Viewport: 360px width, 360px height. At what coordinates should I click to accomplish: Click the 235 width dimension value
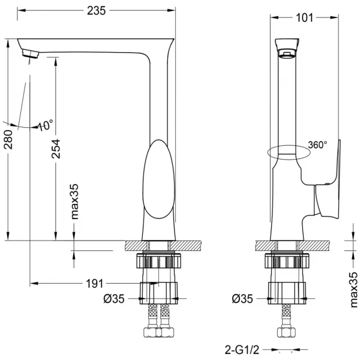click(96, 11)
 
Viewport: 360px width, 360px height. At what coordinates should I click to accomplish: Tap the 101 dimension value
click(304, 17)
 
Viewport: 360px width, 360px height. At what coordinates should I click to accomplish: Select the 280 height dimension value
click(8, 140)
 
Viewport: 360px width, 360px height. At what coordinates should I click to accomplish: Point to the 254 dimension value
click(56, 149)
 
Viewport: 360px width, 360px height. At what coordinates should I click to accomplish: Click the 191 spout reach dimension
click(94, 284)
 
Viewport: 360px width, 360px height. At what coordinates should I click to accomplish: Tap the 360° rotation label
click(317, 145)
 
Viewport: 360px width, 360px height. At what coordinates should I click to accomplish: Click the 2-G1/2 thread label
click(242, 350)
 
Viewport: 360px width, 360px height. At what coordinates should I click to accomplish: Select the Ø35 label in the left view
click(114, 299)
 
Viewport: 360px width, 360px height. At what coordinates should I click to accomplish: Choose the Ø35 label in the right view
click(242, 299)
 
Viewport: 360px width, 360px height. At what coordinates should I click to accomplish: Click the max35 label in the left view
click(75, 202)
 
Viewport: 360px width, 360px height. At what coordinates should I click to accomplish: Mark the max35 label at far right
click(354, 290)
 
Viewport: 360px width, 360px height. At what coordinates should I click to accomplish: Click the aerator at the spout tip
click(31, 53)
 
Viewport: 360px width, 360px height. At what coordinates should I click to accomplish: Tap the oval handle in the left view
click(158, 179)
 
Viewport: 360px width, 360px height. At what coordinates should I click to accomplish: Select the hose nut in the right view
click(286, 332)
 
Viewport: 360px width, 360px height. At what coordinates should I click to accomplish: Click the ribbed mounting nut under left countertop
click(158, 260)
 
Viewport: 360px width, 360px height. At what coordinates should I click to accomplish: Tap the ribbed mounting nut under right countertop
click(287, 260)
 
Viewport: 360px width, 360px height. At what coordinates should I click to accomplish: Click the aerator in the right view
click(287, 55)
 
